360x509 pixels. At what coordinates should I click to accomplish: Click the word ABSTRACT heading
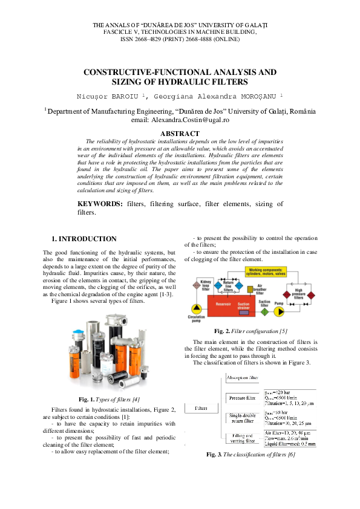[179, 134]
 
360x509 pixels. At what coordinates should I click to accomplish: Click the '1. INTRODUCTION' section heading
[84, 239]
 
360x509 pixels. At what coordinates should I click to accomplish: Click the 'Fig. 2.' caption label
[223, 331]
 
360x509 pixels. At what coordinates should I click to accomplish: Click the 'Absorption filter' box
[243, 377]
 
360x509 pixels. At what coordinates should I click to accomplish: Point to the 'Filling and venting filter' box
[243, 438]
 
